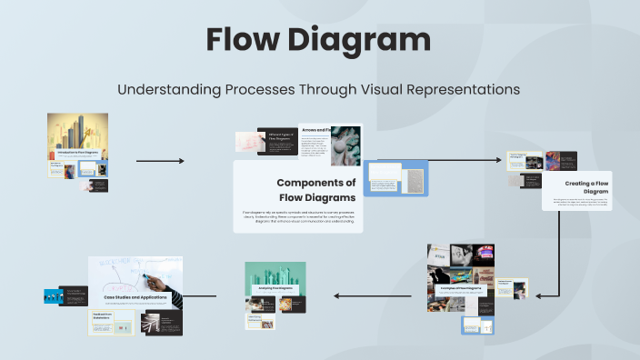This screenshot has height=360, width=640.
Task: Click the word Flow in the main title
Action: pyautogui.click(x=245, y=40)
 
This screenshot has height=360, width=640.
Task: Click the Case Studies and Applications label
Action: pyautogui.click(x=135, y=297)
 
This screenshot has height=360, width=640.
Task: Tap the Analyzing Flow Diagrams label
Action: pyautogui.click(x=275, y=288)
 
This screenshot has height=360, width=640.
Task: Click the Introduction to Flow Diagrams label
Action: pyautogui.click(x=77, y=154)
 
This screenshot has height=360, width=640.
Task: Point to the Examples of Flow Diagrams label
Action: pyautogui.click(x=461, y=288)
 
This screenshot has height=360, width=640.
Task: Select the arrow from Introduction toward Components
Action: pyautogui.click(x=160, y=161)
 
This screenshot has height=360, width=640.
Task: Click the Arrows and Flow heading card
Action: pyautogui.click(x=315, y=130)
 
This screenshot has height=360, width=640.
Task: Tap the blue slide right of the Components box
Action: pyautogui.click(x=396, y=177)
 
